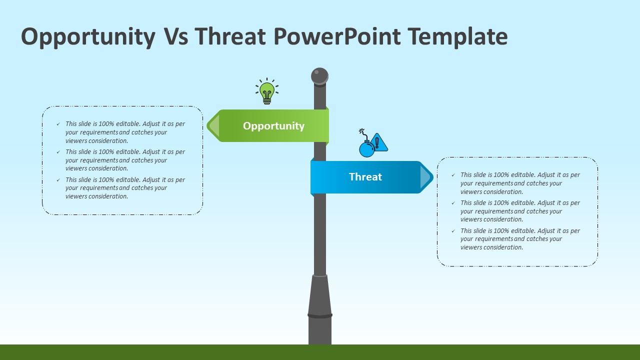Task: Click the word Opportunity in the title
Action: [x=88, y=37]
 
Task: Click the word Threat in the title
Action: [x=230, y=36]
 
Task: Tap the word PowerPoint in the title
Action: [x=337, y=36]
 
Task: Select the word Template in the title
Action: [x=457, y=37]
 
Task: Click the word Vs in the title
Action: [x=176, y=36]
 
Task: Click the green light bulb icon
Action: [x=267, y=91]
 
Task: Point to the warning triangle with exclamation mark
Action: [x=378, y=142]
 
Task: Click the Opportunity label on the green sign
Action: [x=273, y=126]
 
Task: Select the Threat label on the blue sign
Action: [x=365, y=177]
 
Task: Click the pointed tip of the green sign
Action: [x=207, y=125]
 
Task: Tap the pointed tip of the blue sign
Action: [x=433, y=177]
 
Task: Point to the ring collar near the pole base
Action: [x=320, y=315]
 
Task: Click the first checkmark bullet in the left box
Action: [x=58, y=124]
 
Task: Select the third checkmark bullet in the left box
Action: [x=58, y=180]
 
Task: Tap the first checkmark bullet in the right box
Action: [x=453, y=175]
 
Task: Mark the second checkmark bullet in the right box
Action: [x=453, y=203]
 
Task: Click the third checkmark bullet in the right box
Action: [x=453, y=231]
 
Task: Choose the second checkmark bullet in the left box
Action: [x=58, y=152]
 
